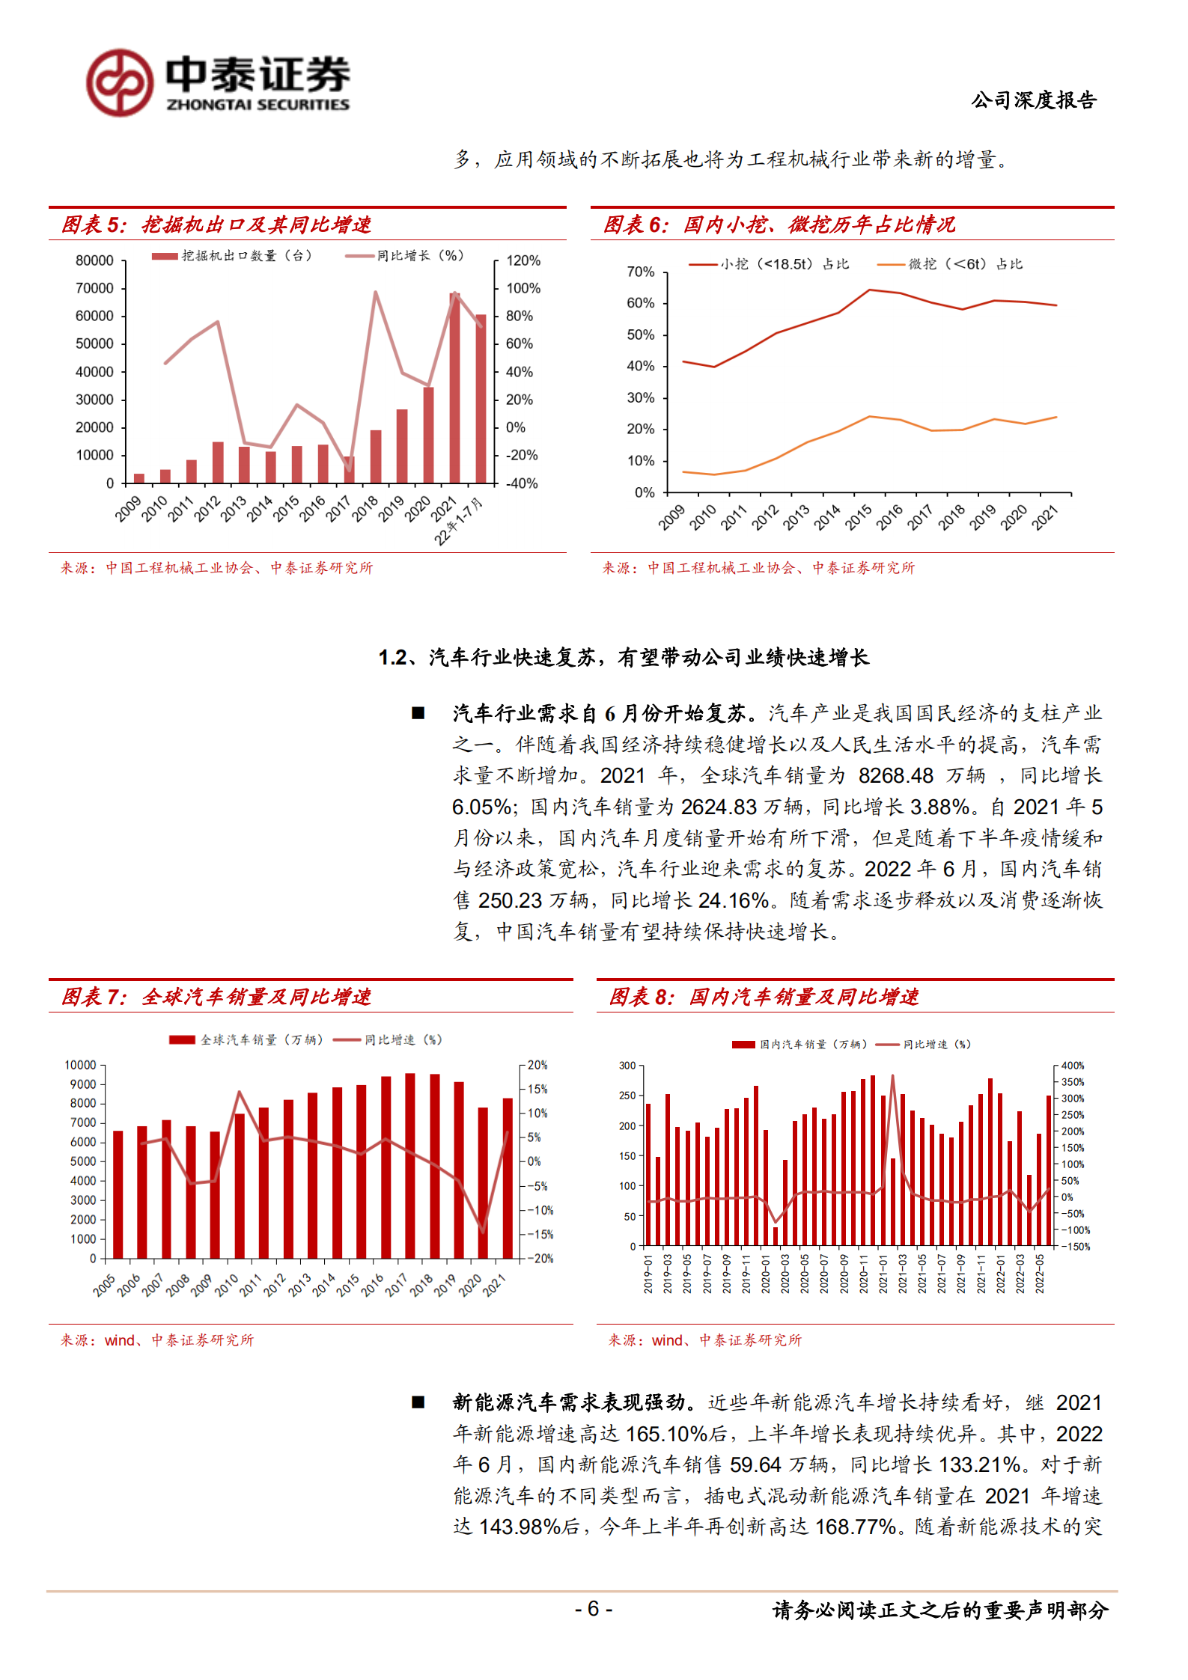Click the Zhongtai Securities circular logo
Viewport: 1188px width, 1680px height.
click(x=120, y=83)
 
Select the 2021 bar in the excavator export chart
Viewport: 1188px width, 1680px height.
click(x=454, y=389)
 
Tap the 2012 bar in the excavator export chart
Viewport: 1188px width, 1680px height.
click(x=218, y=462)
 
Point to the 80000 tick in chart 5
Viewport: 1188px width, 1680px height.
click(x=94, y=260)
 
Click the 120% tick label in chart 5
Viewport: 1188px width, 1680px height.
click(x=523, y=260)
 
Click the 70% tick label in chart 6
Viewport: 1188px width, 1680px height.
click(x=640, y=272)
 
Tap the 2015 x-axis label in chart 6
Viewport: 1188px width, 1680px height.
click(x=858, y=517)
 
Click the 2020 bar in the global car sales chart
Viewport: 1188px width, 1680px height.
click(x=483, y=1182)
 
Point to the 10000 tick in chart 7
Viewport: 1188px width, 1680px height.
click(x=80, y=1065)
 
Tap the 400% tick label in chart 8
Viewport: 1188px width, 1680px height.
click(x=1072, y=1066)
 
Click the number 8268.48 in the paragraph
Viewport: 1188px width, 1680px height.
click(x=895, y=776)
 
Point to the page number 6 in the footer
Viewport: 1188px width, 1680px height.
click(x=593, y=1608)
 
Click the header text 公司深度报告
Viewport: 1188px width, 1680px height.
click(x=1034, y=100)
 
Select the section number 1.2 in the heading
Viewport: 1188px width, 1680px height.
click(x=392, y=658)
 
